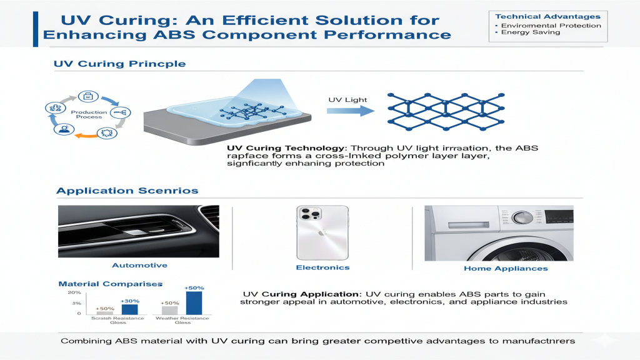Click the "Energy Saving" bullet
click(522, 32)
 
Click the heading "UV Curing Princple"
click(119, 64)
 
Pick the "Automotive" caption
click(139, 266)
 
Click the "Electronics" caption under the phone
click(322, 267)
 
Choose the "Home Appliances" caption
click(506, 268)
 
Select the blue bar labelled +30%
click(129, 309)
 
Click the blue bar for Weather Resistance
click(194, 302)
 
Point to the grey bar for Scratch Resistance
click(104, 312)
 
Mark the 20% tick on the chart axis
click(74, 292)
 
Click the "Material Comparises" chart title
click(110, 284)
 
